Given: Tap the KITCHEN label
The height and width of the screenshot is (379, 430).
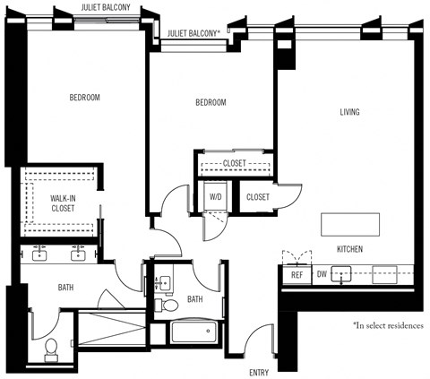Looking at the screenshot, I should (349, 248).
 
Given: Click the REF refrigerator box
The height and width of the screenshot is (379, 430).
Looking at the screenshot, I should (297, 275).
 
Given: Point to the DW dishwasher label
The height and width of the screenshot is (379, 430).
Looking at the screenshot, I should (321, 275).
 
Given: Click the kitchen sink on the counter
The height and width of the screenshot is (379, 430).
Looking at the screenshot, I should (342, 274).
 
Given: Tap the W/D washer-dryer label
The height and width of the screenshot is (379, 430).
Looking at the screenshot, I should (216, 196).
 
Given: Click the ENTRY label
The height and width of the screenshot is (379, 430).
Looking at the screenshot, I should (259, 370).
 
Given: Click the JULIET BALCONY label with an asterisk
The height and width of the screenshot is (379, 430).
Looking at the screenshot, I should (193, 32).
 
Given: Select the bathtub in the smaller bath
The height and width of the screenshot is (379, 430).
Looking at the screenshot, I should (194, 333).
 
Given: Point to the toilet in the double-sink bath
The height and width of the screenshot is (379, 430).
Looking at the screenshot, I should (51, 347).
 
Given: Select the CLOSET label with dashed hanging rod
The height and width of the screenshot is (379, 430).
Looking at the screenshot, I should (235, 163).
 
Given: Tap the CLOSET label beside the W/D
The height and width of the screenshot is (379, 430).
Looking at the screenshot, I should (257, 196).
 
